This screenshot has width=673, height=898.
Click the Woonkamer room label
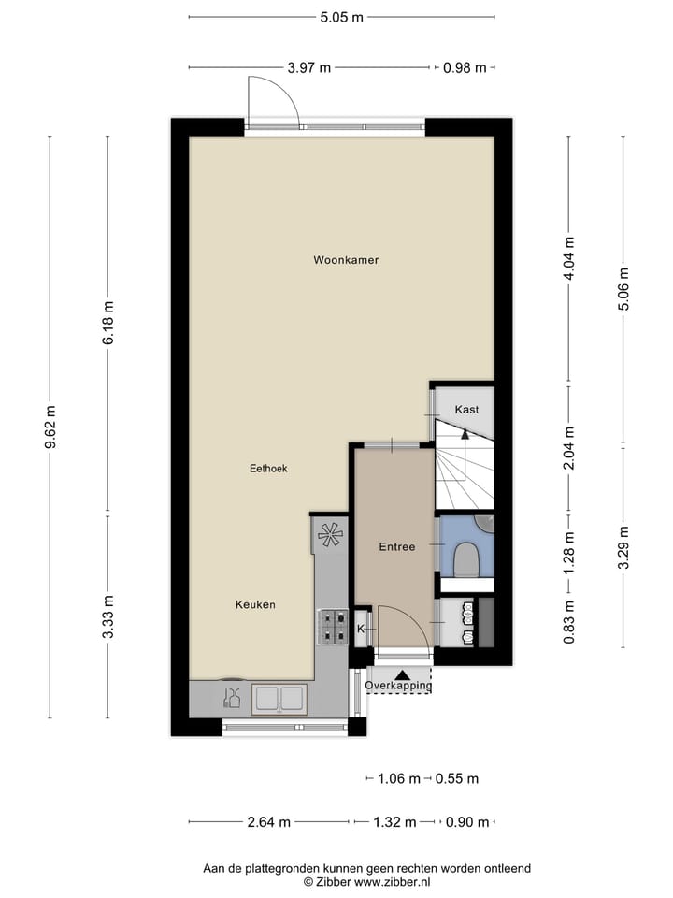pyautogui.click(x=346, y=260)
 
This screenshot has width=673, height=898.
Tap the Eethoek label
pyautogui.click(x=267, y=469)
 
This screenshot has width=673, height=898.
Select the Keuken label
pyautogui.click(x=255, y=605)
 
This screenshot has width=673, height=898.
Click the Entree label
pyautogui.click(x=396, y=546)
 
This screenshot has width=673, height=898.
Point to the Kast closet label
pyautogui.click(x=467, y=410)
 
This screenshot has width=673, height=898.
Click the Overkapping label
pyautogui.click(x=399, y=686)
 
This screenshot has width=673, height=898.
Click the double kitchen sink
pyautogui.click(x=279, y=698)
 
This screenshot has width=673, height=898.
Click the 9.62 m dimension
pyautogui.click(x=51, y=427)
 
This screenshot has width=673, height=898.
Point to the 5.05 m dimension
pyautogui.click(x=342, y=16)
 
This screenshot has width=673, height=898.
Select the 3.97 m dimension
pyautogui.click(x=310, y=67)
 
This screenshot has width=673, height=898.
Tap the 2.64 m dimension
pyautogui.click(x=269, y=822)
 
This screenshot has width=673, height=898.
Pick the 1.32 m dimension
pyautogui.click(x=394, y=822)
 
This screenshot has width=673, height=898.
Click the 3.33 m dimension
pyautogui.click(x=108, y=616)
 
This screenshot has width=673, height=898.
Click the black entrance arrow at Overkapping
pyautogui.click(x=402, y=673)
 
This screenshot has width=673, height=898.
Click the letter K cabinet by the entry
pyautogui.click(x=361, y=630)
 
